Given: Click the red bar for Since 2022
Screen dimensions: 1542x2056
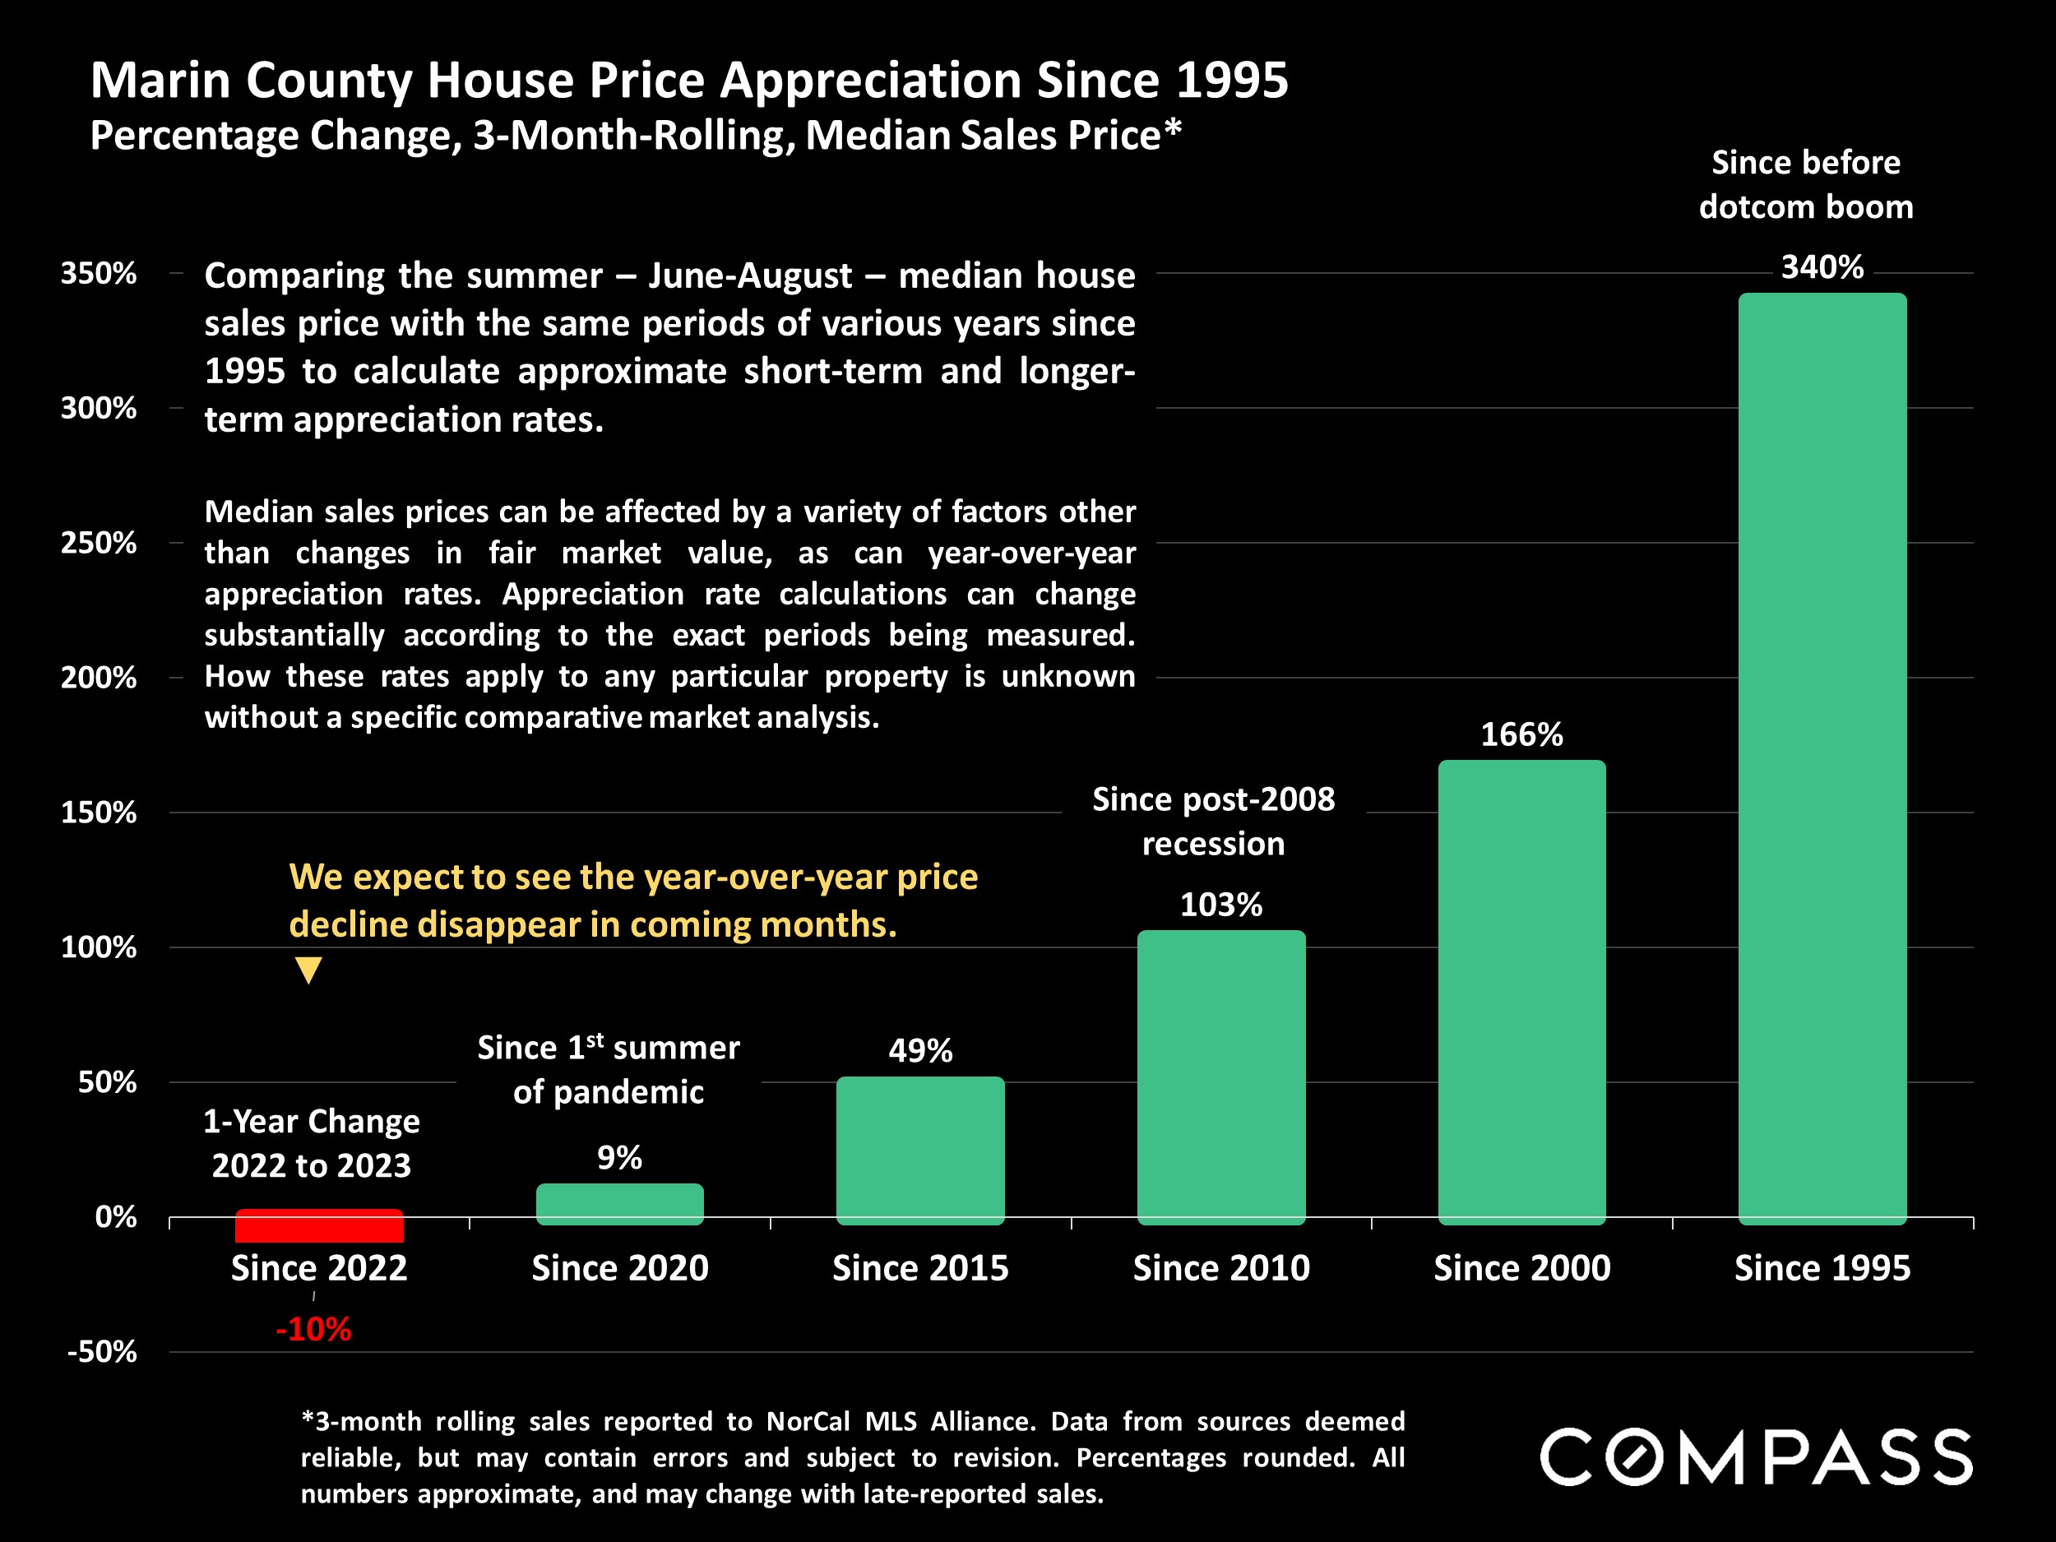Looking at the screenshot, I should tap(319, 1227).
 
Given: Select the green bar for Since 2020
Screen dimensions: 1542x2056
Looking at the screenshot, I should tap(619, 1204).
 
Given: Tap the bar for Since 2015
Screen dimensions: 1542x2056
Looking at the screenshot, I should tap(920, 1150).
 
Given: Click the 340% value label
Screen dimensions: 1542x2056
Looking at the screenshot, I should tap(1822, 267).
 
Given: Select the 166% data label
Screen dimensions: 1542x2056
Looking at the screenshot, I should tap(1521, 735).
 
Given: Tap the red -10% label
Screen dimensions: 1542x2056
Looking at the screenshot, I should tap(313, 1330).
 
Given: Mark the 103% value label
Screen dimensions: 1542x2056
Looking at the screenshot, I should tap(1220, 905).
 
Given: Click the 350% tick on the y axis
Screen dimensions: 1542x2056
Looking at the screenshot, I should tap(99, 273).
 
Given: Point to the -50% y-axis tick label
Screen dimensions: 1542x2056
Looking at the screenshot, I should tap(101, 1351).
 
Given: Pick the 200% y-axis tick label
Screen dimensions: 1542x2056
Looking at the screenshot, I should tap(99, 678).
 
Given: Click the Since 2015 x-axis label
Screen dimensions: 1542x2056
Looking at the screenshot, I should tap(920, 1269).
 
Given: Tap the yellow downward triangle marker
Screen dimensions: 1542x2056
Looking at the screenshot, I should tap(308, 970).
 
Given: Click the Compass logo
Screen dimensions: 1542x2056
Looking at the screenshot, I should tap(1756, 1456).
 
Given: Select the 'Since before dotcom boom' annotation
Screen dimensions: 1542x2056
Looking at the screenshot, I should tap(1806, 185).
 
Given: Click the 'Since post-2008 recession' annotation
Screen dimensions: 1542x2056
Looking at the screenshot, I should tap(1213, 822).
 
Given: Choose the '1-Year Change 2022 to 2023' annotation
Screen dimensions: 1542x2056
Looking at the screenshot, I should tap(312, 1143).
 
